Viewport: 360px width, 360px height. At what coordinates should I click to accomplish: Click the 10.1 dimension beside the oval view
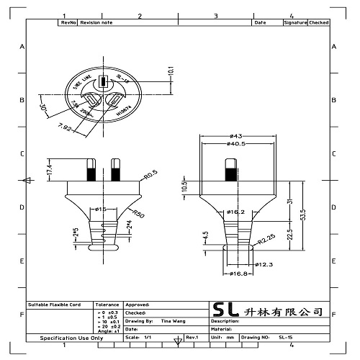[x=171, y=72]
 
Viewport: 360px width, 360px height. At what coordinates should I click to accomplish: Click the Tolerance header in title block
[x=107, y=305]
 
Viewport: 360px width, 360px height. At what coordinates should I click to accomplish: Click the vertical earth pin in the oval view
[x=102, y=81]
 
